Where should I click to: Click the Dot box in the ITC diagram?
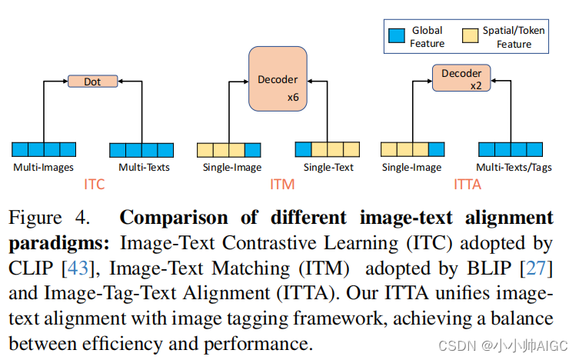[92, 81]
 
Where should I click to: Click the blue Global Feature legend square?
[397, 36]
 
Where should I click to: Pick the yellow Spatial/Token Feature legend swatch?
[470, 36]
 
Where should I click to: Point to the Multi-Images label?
[43, 167]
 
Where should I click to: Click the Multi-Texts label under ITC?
[144, 167]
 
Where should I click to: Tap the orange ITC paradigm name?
[94, 184]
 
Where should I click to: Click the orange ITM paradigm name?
[282, 184]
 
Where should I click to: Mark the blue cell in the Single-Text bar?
[304, 149]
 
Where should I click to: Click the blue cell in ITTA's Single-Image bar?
[437, 149]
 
